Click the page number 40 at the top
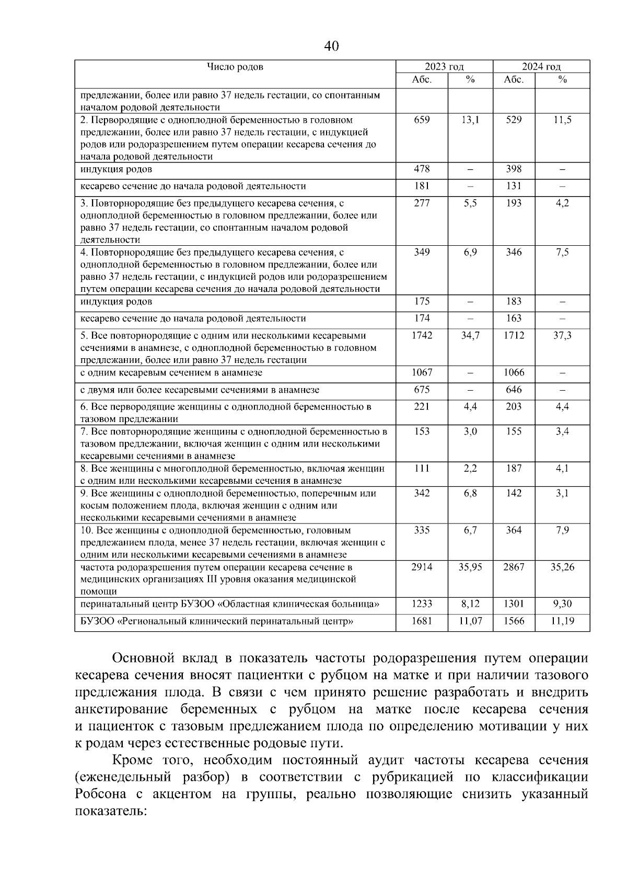pyautogui.click(x=331, y=47)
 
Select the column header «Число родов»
pyautogui.click(x=235, y=67)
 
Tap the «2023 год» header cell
pyautogui.click(x=444, y=67)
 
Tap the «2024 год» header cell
pyautogui.click(x=541, y=67)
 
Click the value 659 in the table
pyautogui.click(x=422, y=120)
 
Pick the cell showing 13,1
pyautogui.click(x=470, y=120)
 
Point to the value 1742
pyautogui.click(x=422, y=336)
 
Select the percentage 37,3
pyautogui.click(x=562, y=336)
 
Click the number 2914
pyautogui.click(x=422, y=567)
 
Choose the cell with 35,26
pyautogui.click(x=562, y=567)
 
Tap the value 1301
pyautogui.click(x=514, y=605)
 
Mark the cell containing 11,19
pyautogui.click(x=562, y=622)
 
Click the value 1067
pyautogui.click(x=422, y=373)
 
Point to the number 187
pyautogui.click(x=514, y=469)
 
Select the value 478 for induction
pyautogui.click(x=422, y=169)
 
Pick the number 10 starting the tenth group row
pyautogui.click(x=86, y=530)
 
